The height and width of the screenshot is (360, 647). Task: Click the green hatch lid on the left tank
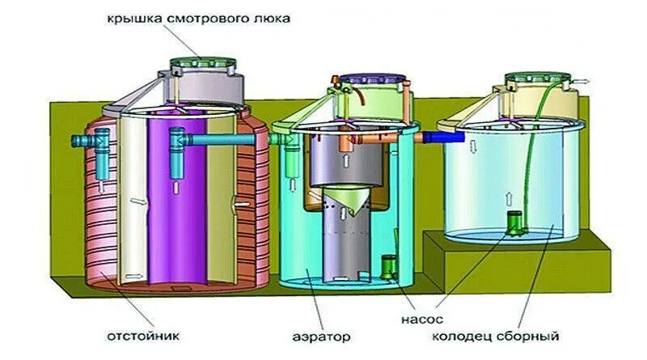(x=201, y=61)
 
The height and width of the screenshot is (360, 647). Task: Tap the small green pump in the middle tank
(x=388, y=268)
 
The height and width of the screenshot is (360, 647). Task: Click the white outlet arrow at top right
(x=584, y=81)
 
